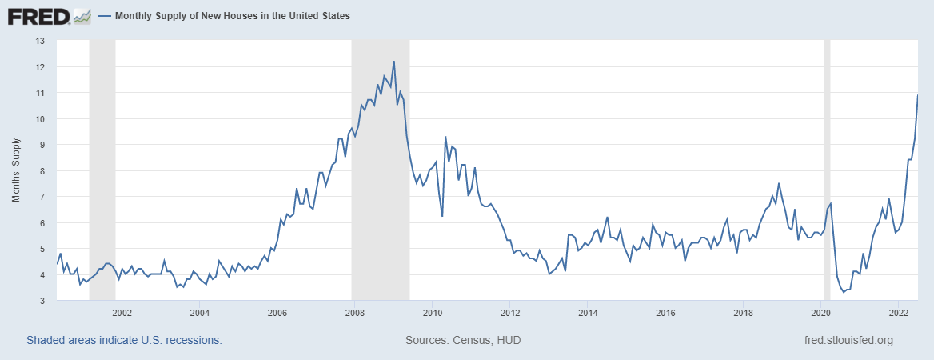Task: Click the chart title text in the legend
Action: (233, 16)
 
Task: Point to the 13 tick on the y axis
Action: (40, 41)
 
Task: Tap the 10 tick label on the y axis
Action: (40, 119)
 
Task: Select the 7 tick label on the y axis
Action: (42, 197)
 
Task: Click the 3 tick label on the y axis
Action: (42, 301)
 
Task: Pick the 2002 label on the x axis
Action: (122, 312)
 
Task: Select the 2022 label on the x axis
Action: (897, 312)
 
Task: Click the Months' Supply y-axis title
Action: (16, 170)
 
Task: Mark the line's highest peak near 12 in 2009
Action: (393, 62)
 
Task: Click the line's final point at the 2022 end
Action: (917, 95)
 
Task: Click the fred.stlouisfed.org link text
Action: (848, 340)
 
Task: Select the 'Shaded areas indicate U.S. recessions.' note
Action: (124, 340)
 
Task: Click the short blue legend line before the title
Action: (104, 16)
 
